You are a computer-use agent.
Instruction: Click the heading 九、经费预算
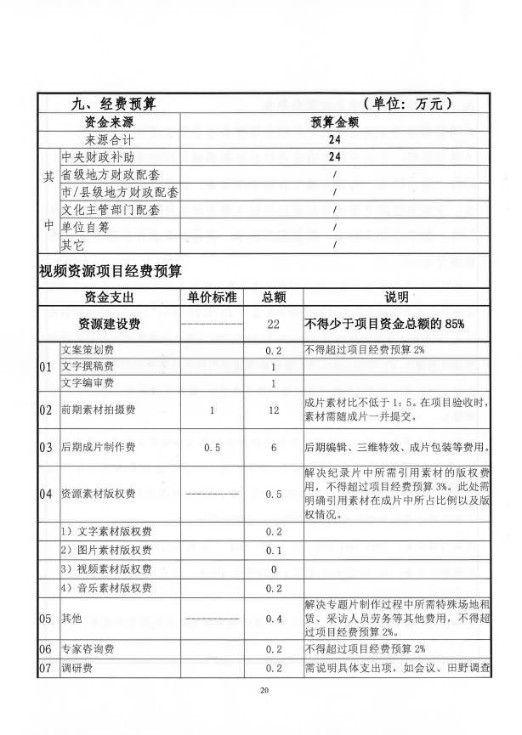point(111,104)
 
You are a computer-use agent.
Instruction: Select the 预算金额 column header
point(334,122)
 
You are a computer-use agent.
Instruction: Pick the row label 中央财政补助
point(98,157)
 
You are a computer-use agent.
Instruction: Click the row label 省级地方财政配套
point(110,175)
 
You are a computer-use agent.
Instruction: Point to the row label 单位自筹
point(86,228)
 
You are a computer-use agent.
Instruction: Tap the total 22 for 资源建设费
point(274,325)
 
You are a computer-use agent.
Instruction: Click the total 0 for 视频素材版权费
point(274,568)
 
